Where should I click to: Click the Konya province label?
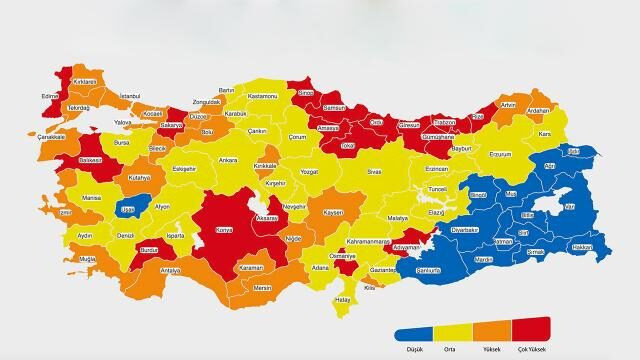223,230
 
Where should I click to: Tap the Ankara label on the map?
228,159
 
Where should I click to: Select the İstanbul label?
130,95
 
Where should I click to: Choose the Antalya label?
170,270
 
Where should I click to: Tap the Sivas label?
374,172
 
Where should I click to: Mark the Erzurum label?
500,155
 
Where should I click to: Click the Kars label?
545,133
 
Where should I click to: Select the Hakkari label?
582,246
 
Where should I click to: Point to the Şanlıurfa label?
456,271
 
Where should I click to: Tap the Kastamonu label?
262,95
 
